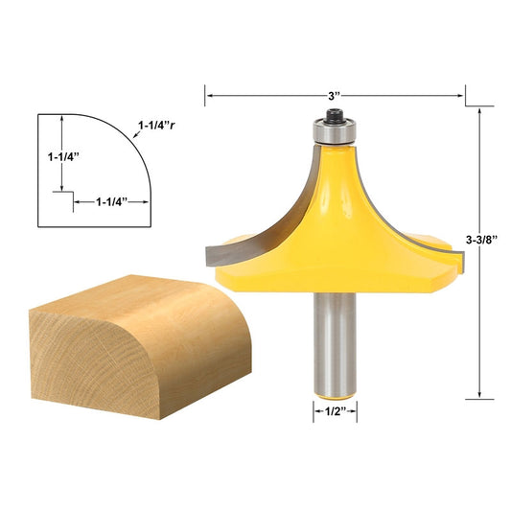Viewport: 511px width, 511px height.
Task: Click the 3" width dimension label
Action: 335,95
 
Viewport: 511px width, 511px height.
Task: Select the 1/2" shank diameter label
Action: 335,413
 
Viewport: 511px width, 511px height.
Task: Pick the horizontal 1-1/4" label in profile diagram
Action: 120,201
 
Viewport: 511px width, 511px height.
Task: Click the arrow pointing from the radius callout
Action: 134,136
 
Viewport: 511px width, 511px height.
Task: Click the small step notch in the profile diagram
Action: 68,195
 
